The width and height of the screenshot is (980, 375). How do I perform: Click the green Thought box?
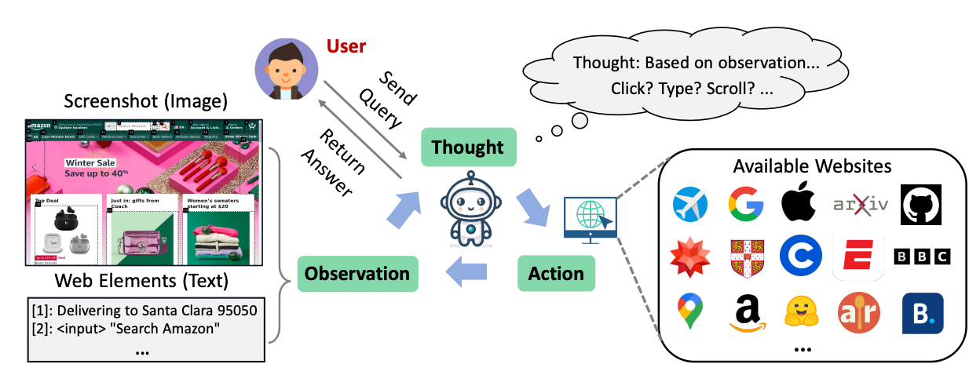(x=467, y=147)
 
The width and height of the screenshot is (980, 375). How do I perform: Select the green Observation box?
(x=357, y=274)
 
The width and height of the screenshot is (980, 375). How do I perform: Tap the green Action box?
(x=556, y=274)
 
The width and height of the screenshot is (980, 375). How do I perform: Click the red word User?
(x=346, y=46)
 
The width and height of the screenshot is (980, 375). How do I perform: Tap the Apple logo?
(x=799, y=204)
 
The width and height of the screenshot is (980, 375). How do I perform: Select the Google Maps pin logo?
(x=690, y=311)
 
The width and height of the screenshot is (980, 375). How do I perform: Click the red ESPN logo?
(x=858, y=257)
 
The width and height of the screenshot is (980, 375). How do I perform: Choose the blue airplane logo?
(x=690, y=205)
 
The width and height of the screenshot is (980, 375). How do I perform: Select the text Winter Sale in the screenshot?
(x=91, y=163)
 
